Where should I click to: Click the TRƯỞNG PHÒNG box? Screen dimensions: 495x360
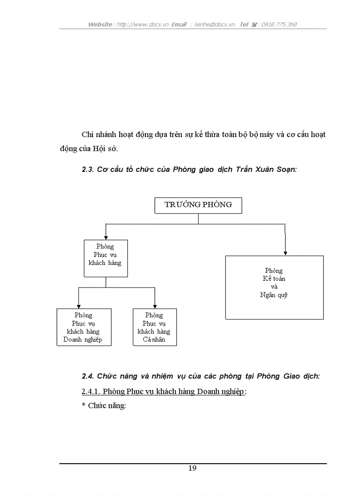[198, 205]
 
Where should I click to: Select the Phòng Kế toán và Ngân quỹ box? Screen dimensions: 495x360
[274, 287]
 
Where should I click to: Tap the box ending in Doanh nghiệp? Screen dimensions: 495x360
[84, 327]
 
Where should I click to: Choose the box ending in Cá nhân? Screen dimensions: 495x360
[154, 327]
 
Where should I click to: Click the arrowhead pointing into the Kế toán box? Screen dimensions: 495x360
[285, 253]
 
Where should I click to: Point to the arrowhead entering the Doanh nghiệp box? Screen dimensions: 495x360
[79, 306]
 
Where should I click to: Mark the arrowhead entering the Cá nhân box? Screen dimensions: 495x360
[154, 306]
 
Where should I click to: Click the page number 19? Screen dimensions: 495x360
[192, 468]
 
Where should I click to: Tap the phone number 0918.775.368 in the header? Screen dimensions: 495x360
[279, 24]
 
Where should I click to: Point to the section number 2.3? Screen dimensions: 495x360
[87, 169]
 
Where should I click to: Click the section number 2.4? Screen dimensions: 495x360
[87, 376]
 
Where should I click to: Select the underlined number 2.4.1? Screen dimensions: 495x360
[92, 391]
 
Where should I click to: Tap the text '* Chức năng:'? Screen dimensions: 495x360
[104, 406]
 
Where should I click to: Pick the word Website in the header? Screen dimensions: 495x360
[100, 24]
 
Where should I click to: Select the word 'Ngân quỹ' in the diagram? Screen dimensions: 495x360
[274, 295]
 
